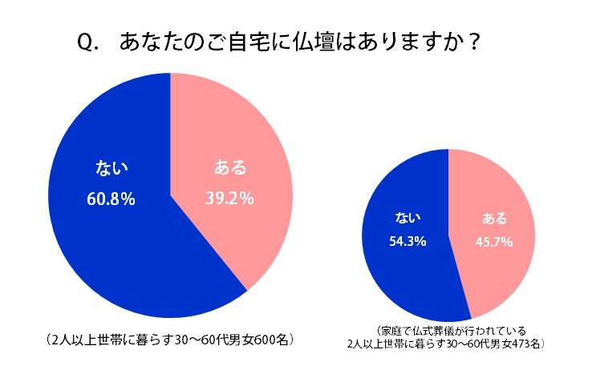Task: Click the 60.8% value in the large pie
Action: [110, 197]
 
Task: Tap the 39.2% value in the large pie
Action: [231, 197]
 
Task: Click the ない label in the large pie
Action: [111, 167]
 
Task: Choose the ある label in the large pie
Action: [230, 167]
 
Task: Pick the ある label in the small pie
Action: [493, 218]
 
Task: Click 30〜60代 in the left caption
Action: [190, 340]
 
